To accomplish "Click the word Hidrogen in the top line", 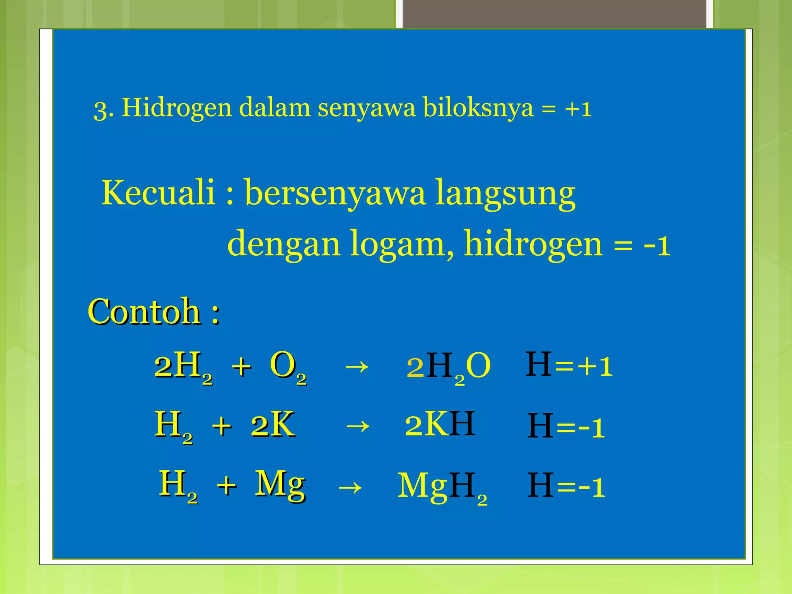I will point(176,108).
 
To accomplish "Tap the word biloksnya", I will point(478,108).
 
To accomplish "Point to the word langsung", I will point(505,193).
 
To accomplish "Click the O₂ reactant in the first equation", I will point(288,367).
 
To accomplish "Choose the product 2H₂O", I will point(449,367).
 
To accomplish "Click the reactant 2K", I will point(273,425).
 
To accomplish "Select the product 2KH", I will point(440,425).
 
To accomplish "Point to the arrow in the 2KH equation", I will point(358,426).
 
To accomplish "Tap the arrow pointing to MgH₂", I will point(350,487).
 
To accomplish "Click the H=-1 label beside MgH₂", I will point(566,486).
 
